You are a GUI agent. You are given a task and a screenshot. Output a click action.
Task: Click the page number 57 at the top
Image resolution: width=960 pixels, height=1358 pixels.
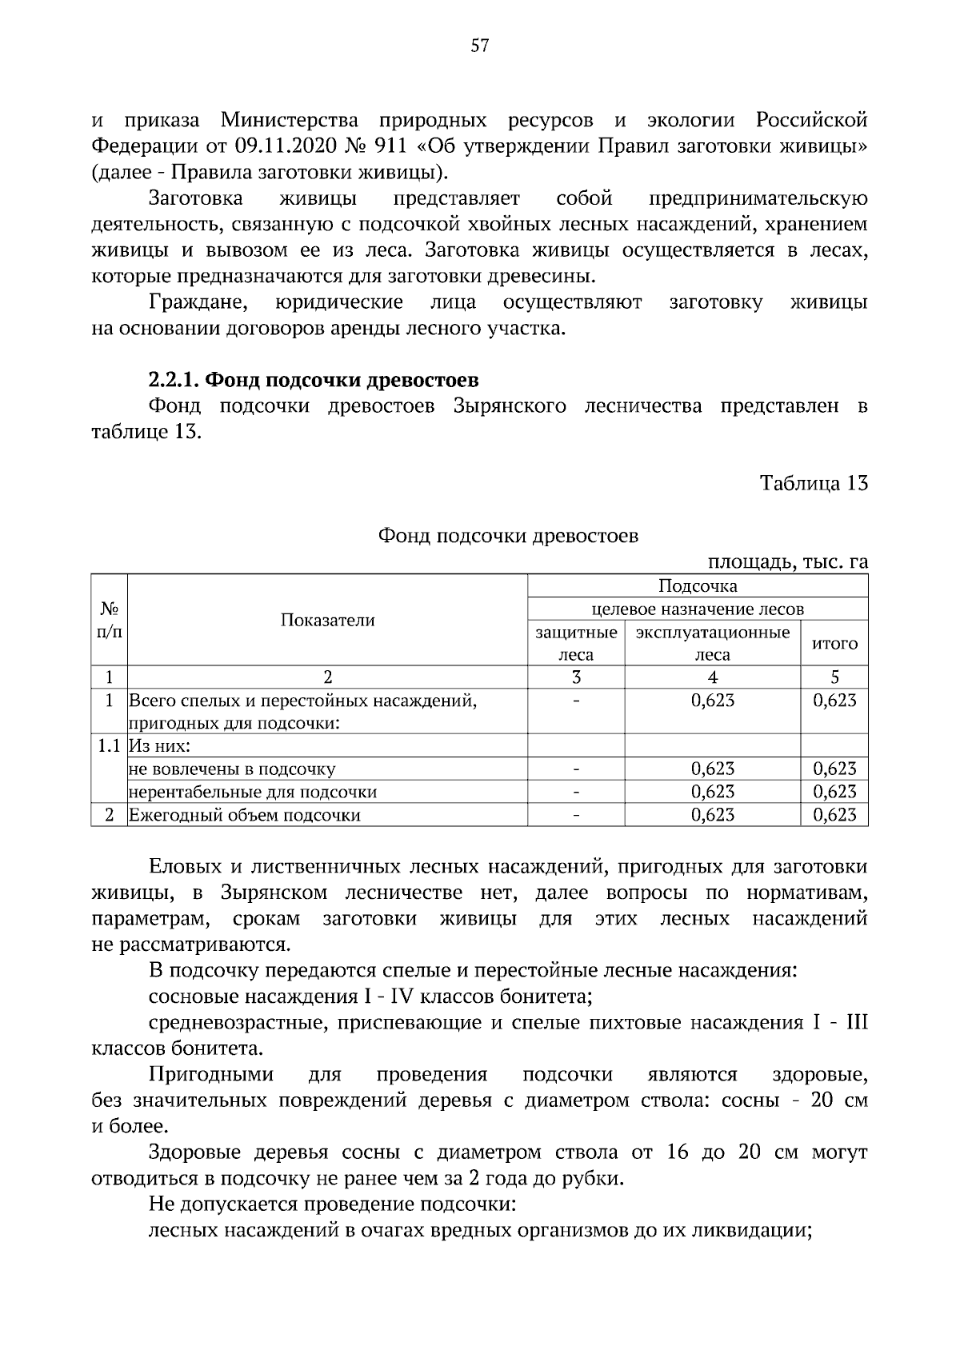(x=479, y=46)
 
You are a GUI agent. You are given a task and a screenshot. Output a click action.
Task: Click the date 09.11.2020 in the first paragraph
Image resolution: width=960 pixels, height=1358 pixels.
(x=283, y=147)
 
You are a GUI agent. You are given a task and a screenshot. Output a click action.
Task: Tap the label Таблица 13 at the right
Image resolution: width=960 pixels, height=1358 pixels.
(x=814, y=484)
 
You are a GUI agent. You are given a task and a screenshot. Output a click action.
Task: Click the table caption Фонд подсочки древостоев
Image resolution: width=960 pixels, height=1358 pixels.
(x=508, y=536)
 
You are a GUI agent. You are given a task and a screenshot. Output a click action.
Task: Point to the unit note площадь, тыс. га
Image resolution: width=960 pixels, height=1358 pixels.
(x=787, y=562)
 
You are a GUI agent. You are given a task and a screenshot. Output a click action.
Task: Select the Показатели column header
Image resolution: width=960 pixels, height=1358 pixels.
(x=327, y=621)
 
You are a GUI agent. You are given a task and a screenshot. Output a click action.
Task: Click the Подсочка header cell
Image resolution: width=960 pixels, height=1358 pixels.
(x=697, y=586)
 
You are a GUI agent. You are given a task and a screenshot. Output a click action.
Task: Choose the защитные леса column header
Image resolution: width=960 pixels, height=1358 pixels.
(x=575, y=644)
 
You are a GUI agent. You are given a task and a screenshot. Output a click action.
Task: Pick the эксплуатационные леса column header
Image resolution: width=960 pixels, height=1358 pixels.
(x=712, y=644)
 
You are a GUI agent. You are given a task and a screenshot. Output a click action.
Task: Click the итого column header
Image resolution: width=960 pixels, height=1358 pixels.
(x=834, y=644)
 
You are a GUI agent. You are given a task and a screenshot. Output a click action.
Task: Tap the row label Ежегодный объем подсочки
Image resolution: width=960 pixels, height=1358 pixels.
(x=245, y=816)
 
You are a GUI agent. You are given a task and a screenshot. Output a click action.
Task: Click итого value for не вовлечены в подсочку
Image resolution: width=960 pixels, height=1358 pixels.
(x=834, y=769)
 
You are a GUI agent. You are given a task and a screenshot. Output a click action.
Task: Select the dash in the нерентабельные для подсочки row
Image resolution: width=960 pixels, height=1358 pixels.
(x=575, y=793)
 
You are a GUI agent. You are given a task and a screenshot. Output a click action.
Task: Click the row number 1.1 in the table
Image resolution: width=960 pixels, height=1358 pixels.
(x=109, y=747)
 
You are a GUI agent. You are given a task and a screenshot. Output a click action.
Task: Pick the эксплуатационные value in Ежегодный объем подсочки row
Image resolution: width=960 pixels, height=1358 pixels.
(x=712, y=816)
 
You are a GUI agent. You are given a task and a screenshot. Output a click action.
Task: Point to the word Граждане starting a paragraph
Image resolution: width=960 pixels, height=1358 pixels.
(x=198, y=303)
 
